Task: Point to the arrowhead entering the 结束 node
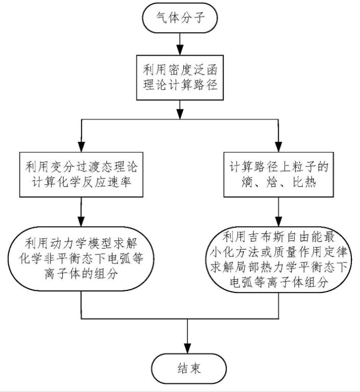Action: [188, 347]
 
